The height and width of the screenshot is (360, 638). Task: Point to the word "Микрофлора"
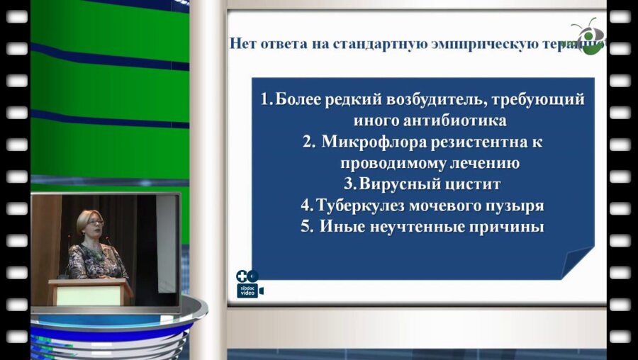(373, 142)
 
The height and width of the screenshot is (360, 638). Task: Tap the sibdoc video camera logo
(249, 284)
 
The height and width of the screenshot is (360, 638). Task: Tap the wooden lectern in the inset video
(90, 291)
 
